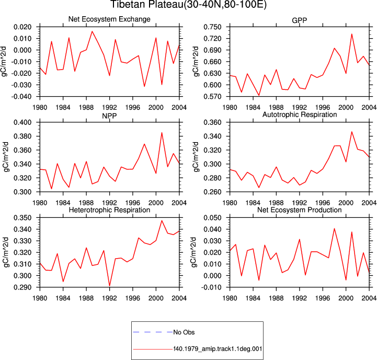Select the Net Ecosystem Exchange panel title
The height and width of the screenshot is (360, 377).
point(109,19)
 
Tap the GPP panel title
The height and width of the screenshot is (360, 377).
point(299,20)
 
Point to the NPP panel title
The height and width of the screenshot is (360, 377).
point(109,116)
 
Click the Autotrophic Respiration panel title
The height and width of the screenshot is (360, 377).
point(299,114)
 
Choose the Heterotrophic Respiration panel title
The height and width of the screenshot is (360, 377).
point(109,210)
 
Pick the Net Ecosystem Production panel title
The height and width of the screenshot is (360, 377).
point(299,210)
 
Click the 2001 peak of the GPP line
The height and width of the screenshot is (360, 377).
point(351,34)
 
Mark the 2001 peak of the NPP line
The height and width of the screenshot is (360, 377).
point(162,133)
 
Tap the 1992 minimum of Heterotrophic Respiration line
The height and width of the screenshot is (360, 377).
point(110,286)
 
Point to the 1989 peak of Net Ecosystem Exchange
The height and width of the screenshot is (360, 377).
point(92,31)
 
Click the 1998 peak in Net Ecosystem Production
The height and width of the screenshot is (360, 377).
point(334,228)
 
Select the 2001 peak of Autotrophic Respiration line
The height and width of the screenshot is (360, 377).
point(351,132)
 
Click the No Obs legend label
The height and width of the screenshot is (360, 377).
point(184,332)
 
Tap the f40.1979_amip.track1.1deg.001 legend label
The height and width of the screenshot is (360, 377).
point(218,349)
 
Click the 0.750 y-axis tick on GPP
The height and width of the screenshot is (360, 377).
point(212,27)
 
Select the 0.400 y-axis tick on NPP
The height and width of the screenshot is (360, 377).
point(22,122)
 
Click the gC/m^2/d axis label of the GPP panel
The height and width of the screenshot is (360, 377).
point(196,62)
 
